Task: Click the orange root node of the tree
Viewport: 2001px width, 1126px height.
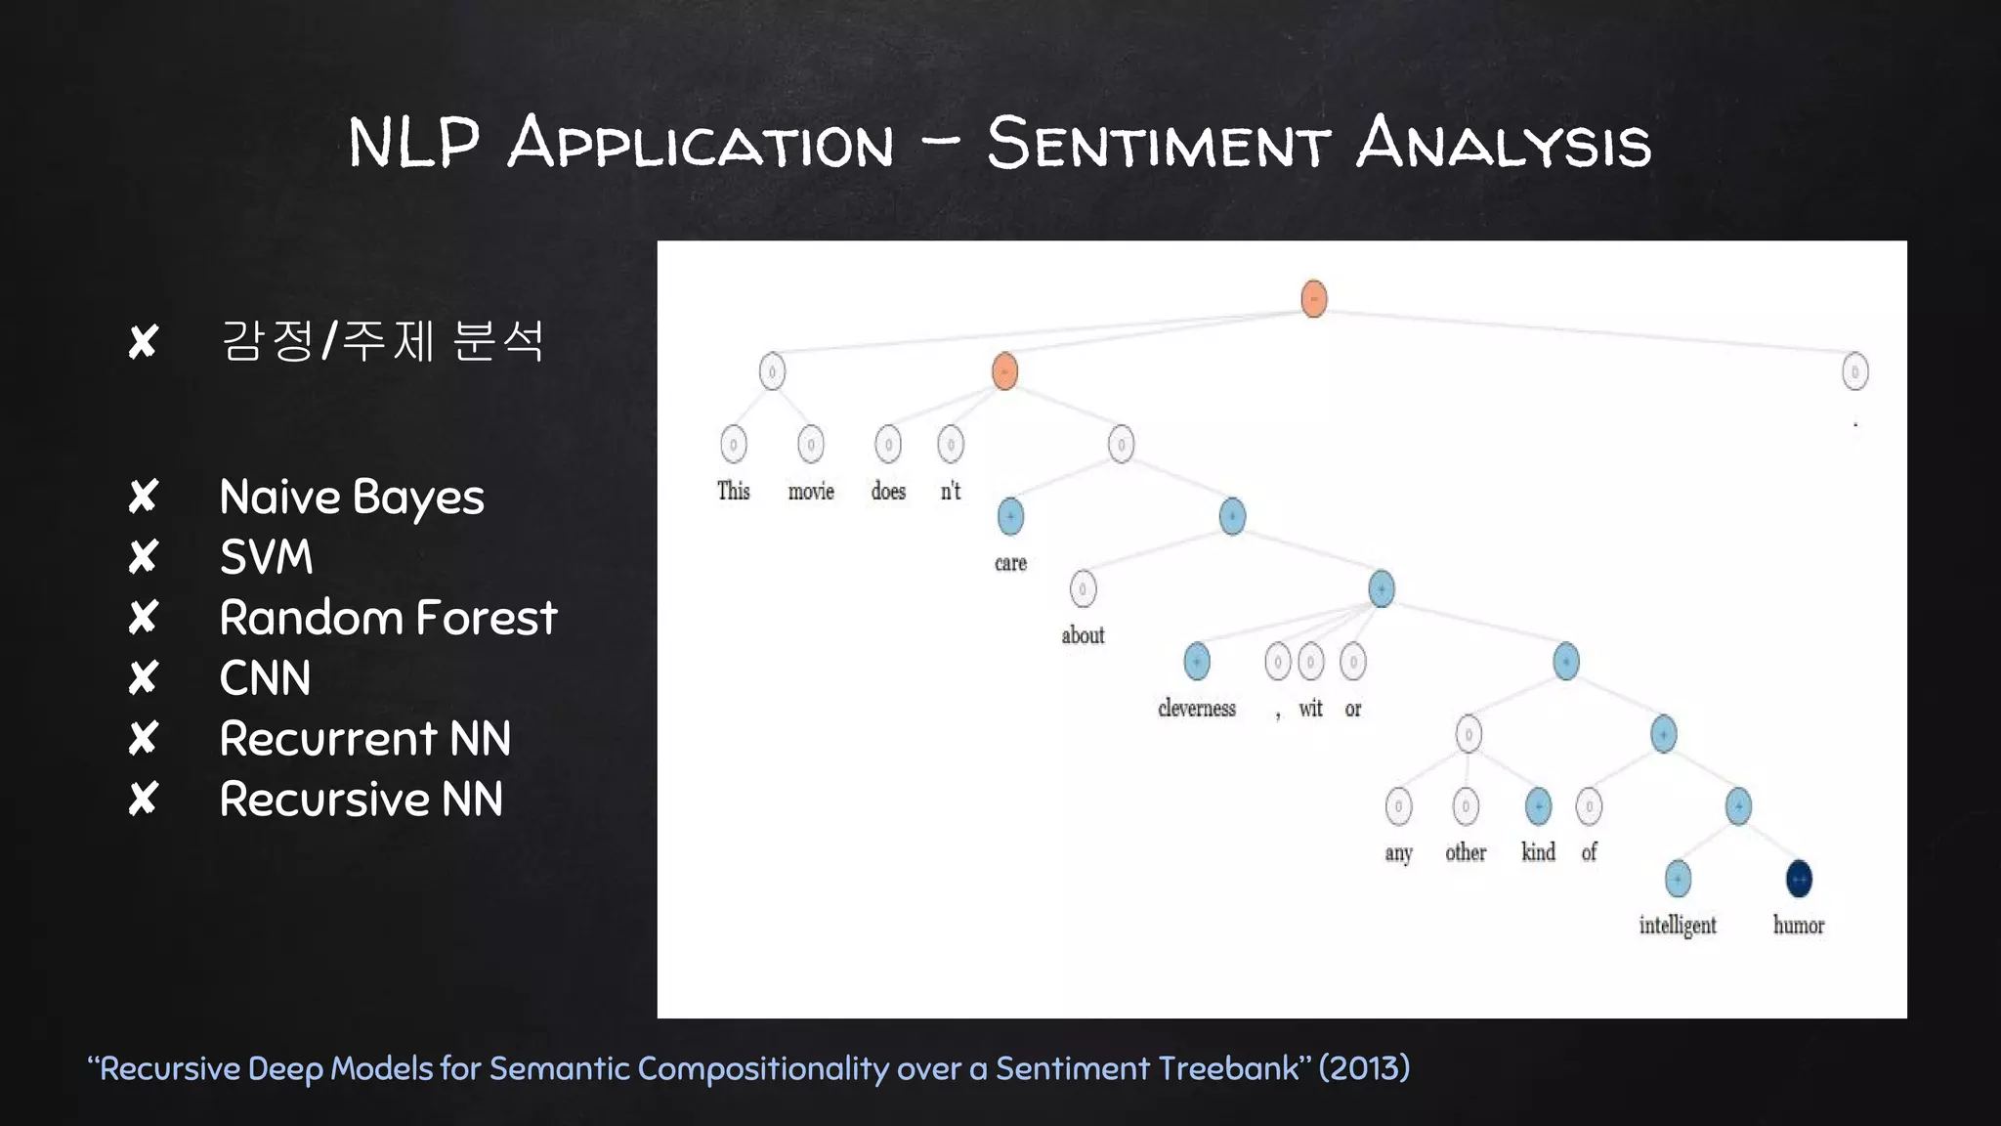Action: [x=1314, y=298]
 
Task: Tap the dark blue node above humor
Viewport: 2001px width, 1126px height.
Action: [x=1799, y=879]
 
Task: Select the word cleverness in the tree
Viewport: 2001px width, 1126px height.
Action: [x=1197, y=708]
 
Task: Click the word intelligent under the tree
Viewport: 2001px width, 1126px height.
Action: [x=1678, y=925]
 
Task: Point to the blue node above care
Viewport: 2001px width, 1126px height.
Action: [x=1010, y=516]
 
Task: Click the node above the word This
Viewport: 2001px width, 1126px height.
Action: [x=733, y=445]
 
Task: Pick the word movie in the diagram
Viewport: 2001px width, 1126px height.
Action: [x=811, y=491]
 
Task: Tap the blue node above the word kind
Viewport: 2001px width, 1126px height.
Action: [x=1538, y=806]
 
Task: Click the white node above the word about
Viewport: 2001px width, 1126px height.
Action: [x=1083, y=588]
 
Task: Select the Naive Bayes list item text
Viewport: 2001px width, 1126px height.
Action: [x=352, y=498]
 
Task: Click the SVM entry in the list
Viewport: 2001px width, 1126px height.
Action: [x=266, y=557]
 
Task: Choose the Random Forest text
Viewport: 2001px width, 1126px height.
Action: [x=388, y=618]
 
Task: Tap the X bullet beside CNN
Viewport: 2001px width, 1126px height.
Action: [x=144, y=677]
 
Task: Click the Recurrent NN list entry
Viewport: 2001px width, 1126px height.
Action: [x=364, y=739]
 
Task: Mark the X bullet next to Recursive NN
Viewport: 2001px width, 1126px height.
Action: [x=144, y=799]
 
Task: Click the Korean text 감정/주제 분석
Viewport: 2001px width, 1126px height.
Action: [x=382, y=341]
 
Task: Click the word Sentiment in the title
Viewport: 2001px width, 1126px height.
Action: [x=1158, y=144]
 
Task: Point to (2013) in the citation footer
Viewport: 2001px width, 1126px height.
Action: [x=1364, y=1068]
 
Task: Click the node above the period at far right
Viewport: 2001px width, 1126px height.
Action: [x=1854, y=371]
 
